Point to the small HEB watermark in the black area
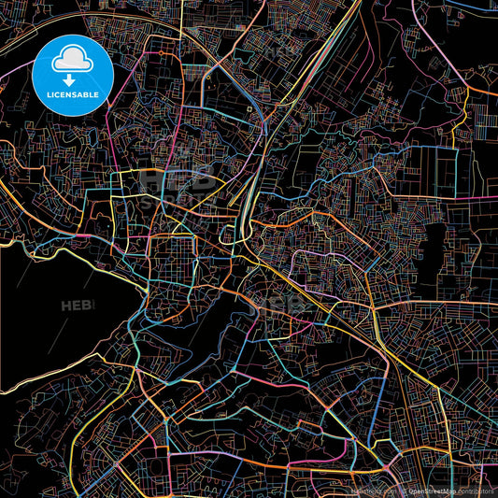point(78,306)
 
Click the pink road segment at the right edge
point(486,93)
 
